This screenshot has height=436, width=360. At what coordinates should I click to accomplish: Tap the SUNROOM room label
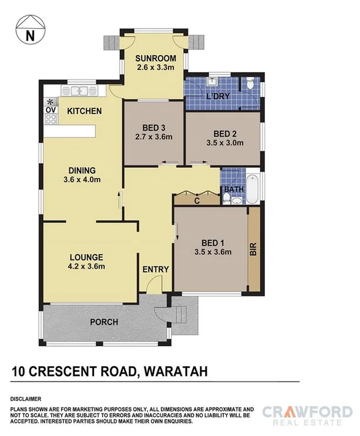coord(155,58)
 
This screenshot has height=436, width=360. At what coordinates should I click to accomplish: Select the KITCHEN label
coord(84,111)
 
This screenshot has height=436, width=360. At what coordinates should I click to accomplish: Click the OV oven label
coord(51,110)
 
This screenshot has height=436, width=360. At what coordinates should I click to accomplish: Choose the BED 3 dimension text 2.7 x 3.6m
coord(154,137)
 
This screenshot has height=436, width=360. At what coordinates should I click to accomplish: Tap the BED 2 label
coord(225,133)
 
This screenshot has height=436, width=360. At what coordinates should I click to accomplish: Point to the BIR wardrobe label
coord(254,249)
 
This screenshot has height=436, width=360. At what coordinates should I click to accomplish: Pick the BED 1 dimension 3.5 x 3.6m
coord(213,253)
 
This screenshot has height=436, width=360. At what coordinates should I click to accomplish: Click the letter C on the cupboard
coord(197,201)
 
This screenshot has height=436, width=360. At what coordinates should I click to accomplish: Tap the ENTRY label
coord(156,269)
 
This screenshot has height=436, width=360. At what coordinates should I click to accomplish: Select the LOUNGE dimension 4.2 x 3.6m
coord(86,267)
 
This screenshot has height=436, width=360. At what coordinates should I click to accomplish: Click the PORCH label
coord(104,322)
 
